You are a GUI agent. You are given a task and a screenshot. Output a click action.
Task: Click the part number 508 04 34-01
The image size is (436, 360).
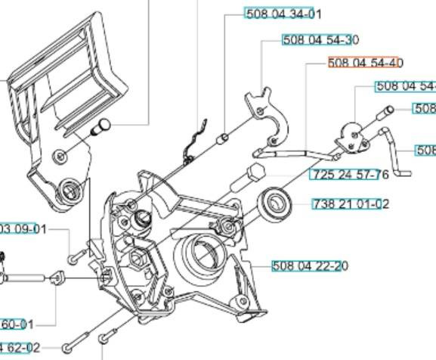pyautogui.click(x=283, y=14)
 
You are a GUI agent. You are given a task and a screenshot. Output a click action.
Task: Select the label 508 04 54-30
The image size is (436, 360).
pyautogui.click(x=320, y=40)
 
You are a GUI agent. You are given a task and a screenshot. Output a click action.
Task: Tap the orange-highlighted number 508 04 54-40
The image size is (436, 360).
pyautogui.click(x=366, y=64)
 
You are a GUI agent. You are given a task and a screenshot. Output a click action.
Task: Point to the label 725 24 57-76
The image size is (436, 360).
pyautogui.click(x=349, y=175)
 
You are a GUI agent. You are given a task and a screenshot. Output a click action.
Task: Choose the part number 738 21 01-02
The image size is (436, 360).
pyautogui.click(x=351, y=203)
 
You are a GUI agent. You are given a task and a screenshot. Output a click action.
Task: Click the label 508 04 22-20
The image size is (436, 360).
pyautogui.click(x=310, y=265)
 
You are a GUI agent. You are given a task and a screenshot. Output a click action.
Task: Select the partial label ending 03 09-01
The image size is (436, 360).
pyautogui.click(x=23, y=229)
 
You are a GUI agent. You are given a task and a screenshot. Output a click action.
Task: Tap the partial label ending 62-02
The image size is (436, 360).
pyautogui.click(x=20, y=348)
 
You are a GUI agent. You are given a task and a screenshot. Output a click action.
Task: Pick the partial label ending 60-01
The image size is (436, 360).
pyautogui.click(x=17, y=324)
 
